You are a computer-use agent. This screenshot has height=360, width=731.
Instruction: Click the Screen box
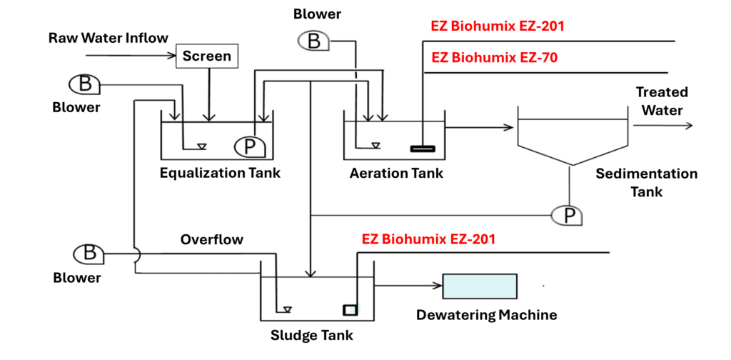[206, 55]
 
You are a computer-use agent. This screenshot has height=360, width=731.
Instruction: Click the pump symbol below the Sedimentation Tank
[568, 214]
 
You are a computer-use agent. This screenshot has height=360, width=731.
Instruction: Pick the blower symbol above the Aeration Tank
[313, 41]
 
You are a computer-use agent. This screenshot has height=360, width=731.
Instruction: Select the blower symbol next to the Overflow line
[89, 253]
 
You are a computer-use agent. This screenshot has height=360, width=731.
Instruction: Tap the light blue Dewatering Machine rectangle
[480, 286]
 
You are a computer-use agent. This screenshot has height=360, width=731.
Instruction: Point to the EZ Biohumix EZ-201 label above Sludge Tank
[428, 239]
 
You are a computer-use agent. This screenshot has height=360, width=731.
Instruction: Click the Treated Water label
[662, 101]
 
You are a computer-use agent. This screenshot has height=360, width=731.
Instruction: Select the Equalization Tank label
[220, 173]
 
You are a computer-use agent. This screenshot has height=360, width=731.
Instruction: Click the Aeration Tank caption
[396, 173]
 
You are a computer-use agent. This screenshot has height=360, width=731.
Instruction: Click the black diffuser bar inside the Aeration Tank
[422, 149]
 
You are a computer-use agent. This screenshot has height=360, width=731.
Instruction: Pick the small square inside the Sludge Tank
[350, 309]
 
